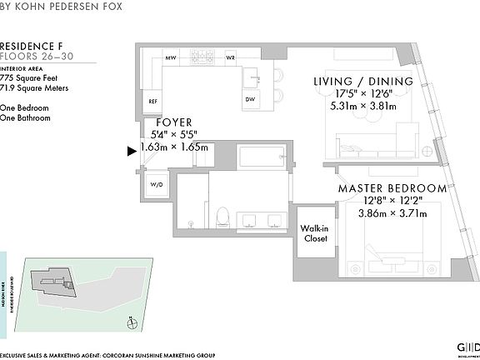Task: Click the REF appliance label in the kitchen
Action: (153, 101)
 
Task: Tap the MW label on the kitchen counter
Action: (171, 58)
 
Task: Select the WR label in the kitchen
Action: (230, 58)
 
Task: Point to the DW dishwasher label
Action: (250, 100)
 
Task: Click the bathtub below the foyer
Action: (262, 155)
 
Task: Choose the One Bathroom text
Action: (26, 118)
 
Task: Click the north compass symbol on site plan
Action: (131, 322)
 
